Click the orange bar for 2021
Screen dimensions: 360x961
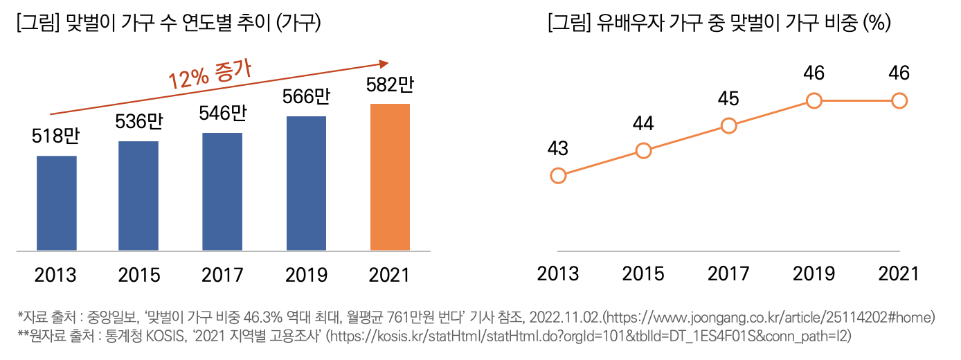390,177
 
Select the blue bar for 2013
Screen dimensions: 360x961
56,203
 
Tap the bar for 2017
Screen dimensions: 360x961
222,191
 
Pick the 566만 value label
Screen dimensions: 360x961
305,96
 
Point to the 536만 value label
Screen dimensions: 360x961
138,122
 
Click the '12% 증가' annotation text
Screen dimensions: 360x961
210,74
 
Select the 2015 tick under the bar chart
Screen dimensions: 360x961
139,275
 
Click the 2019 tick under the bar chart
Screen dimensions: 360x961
305,275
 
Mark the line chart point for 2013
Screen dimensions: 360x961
558,176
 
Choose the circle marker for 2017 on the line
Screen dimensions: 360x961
728,125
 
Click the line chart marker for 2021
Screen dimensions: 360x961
899,101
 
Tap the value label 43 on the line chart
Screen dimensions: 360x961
558,149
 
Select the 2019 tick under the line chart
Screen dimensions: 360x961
814,273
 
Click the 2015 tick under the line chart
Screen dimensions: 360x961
643,273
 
